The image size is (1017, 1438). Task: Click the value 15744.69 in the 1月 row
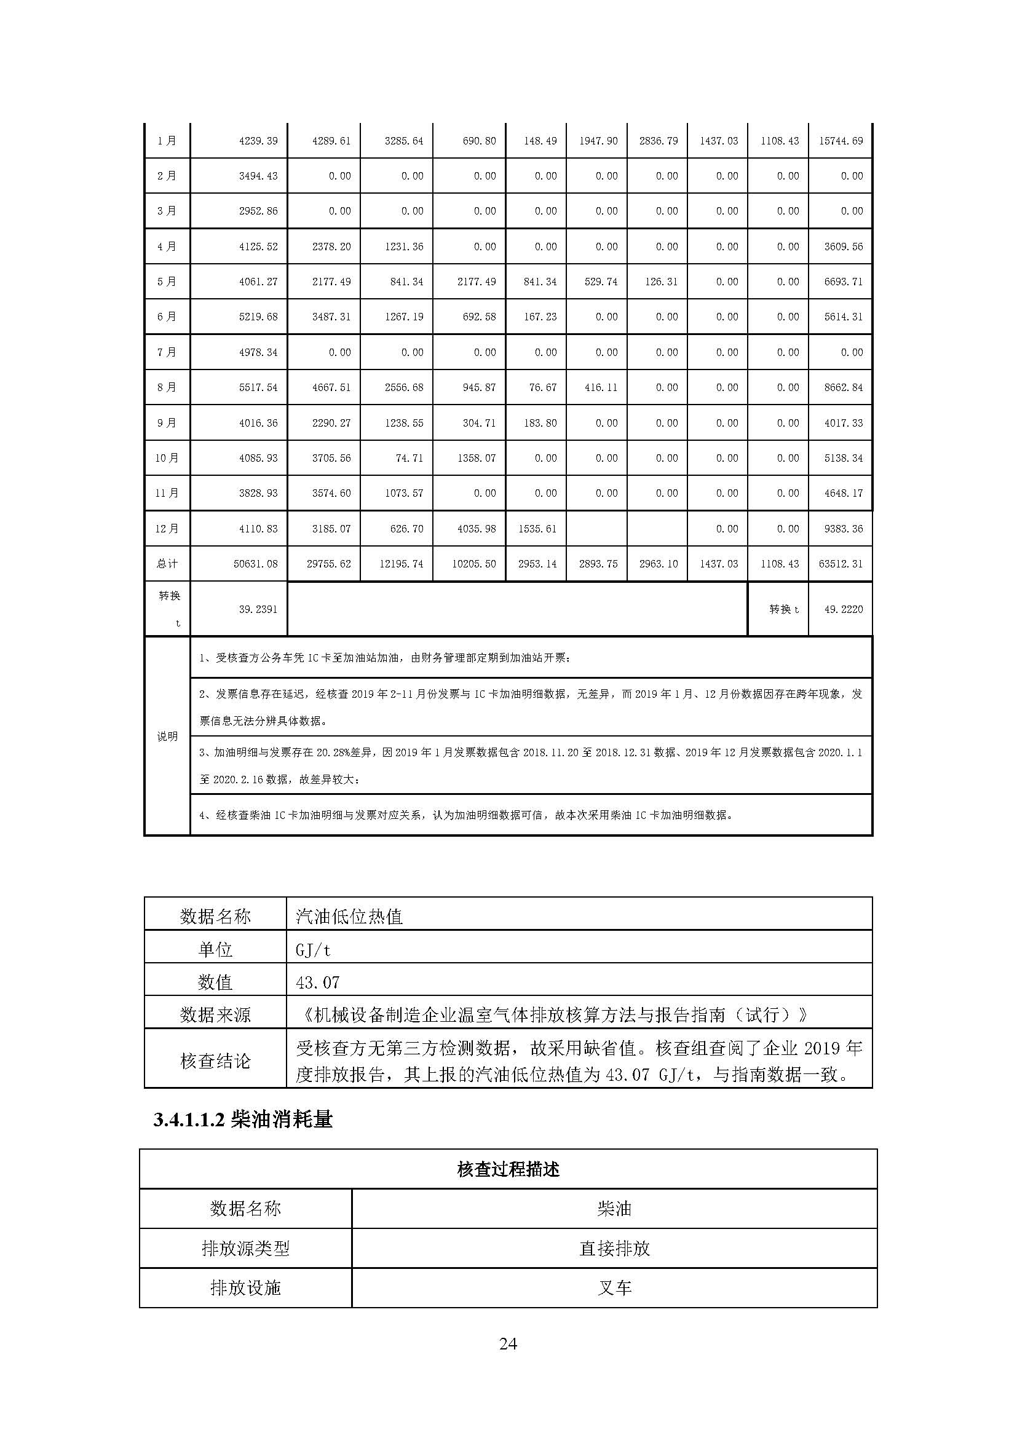pyautogui.click(x=841, y=141)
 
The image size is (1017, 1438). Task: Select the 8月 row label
pyautogui.click(x=167, y=388)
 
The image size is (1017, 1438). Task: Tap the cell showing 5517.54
pyautogui.click(x=258, y=388)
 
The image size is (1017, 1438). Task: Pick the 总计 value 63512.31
pyautogui.click(x=841, y=564)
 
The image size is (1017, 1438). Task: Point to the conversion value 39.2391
pyautogui.click(x=258, y=609)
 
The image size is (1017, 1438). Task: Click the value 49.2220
pyautogui.click(x=843, y=609)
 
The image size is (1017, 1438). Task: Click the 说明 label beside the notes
pyautogui.click(x=167, y=737)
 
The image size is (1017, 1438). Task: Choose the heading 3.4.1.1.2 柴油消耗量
pyautogui.click(x=243, y=1120)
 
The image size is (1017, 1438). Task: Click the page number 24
pyautogui.click(x=508, y=1343)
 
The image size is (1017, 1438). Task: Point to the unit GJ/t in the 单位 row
pyautogui.click(x=313, y=950)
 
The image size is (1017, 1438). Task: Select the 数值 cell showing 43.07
pyautogui.click(x=317, y=982)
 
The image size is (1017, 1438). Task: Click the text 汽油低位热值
pyautogui.click(x=349, y=917)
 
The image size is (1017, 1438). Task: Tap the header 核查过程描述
pyautogui.click(x=508, y=1169)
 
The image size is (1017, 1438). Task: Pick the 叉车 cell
pyautogui.click(x=614, y=1289)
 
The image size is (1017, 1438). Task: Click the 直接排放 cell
pyautogui.click(x=614, y=1249)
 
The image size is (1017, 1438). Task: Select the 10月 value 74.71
pyautogui.click(x=409, y=459)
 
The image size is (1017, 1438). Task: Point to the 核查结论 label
pyautogui.click(x=215, y=1061)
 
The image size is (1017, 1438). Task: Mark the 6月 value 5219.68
pyautogui.click(x=258, y=317)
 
